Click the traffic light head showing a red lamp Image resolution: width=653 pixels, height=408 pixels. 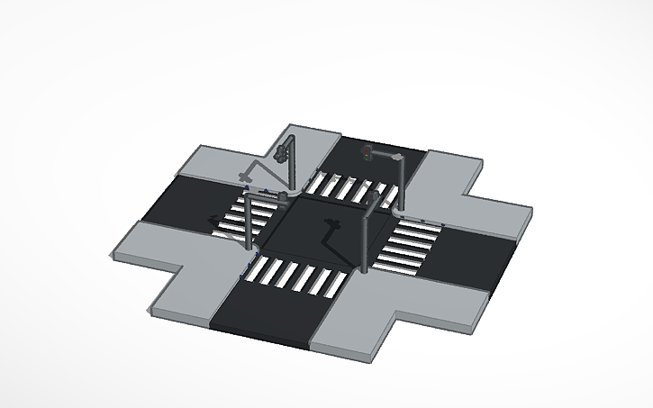tap(367, 152)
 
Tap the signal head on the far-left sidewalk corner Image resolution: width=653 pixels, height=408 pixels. tap(287, 147)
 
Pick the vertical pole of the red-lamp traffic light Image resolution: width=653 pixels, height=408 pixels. tap(403, 180)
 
